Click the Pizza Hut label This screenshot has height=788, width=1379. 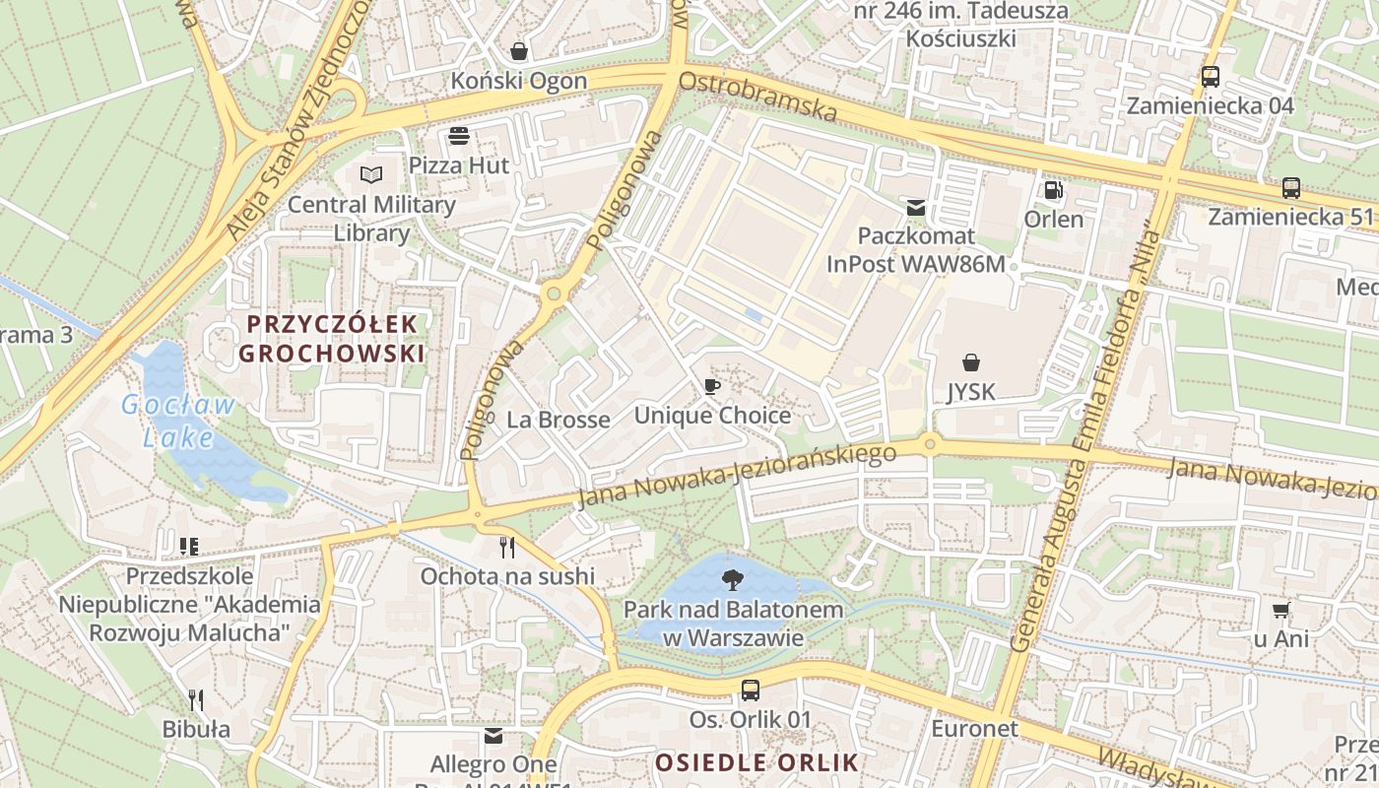pos(460,165)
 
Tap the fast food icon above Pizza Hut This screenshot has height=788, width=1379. pos(459,136)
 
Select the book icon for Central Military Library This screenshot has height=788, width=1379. pos(370,175)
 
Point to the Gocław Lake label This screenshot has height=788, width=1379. pos(178,420)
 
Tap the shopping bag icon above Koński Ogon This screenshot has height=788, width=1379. pos(519,51)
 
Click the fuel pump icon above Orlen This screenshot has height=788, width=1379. pos(1053,189)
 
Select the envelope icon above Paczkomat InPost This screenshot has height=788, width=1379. pos(916,207)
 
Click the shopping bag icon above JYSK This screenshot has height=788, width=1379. pos(971,362)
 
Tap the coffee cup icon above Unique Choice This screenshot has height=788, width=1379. pos(712,386)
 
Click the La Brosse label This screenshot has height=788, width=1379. pos(558,420)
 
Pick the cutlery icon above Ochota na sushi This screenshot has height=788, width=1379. pos(507,547)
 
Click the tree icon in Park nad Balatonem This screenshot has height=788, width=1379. pos(733,579)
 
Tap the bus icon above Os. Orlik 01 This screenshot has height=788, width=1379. pos(751,689)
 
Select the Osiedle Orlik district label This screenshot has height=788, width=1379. pos(756,761)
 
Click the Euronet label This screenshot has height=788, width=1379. pos(974,729)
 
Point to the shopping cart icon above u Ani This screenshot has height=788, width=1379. pos(1280,610)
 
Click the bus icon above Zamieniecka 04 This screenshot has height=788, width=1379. pos(1210,77)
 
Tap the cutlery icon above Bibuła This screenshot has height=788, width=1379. pos(196,700)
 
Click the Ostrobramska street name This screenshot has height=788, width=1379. pos(758,97)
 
